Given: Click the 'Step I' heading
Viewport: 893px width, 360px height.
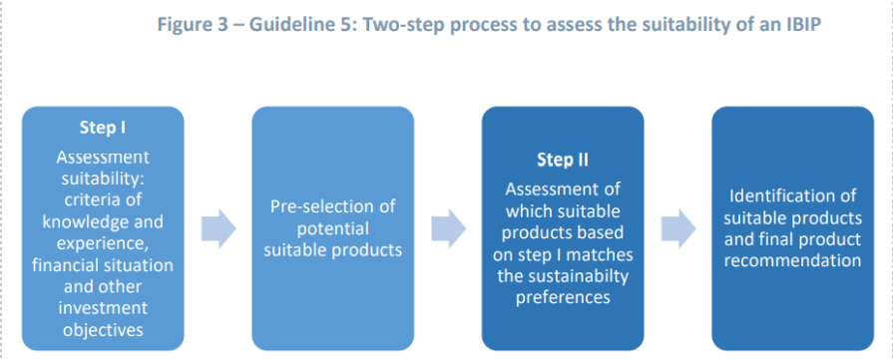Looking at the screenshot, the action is pyautogui.click(x=103, y=127).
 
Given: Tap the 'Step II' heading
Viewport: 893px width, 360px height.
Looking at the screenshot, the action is pyautogui.click(x=562, y=161).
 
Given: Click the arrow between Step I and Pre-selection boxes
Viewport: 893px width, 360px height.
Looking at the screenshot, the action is pyautogui.click(x=219, y=228).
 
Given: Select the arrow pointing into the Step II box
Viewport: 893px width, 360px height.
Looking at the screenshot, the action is pyautogui.click(x=449, y=228).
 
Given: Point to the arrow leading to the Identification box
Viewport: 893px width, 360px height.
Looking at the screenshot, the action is pyautogui.click(x=678, y=228).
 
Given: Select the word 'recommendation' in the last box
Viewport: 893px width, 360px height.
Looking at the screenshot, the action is pyautogui.click(x=792, y=261).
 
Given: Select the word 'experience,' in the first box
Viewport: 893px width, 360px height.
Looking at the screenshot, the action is pyautogui.click(x=103, y=243).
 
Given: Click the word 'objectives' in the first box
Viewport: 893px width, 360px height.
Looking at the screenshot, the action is pyautogui.click(x=103, y=329).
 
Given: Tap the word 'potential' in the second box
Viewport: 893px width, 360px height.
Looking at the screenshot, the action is pyautogui.click(x=332, y=227).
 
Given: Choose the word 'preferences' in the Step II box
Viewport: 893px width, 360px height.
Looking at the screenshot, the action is pyautogui.click(x=563, y=297).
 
